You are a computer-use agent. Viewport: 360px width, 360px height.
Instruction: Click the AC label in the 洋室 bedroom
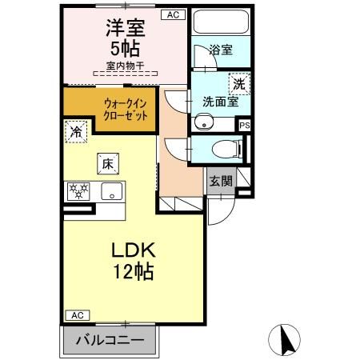[173, 14]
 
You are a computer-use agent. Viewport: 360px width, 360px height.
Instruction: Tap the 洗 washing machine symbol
[238, 83]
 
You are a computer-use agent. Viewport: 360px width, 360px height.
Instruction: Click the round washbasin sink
[204, 122]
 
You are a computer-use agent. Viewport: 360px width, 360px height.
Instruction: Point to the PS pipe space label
[245, 126]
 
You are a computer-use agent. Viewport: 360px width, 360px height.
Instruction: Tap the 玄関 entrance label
[222, 181]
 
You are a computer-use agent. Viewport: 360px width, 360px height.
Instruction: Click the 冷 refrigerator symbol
[76, 130]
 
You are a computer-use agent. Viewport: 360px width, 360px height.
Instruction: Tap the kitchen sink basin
[112, 192]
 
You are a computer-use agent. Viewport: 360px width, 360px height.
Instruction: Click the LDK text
[131, 250]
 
